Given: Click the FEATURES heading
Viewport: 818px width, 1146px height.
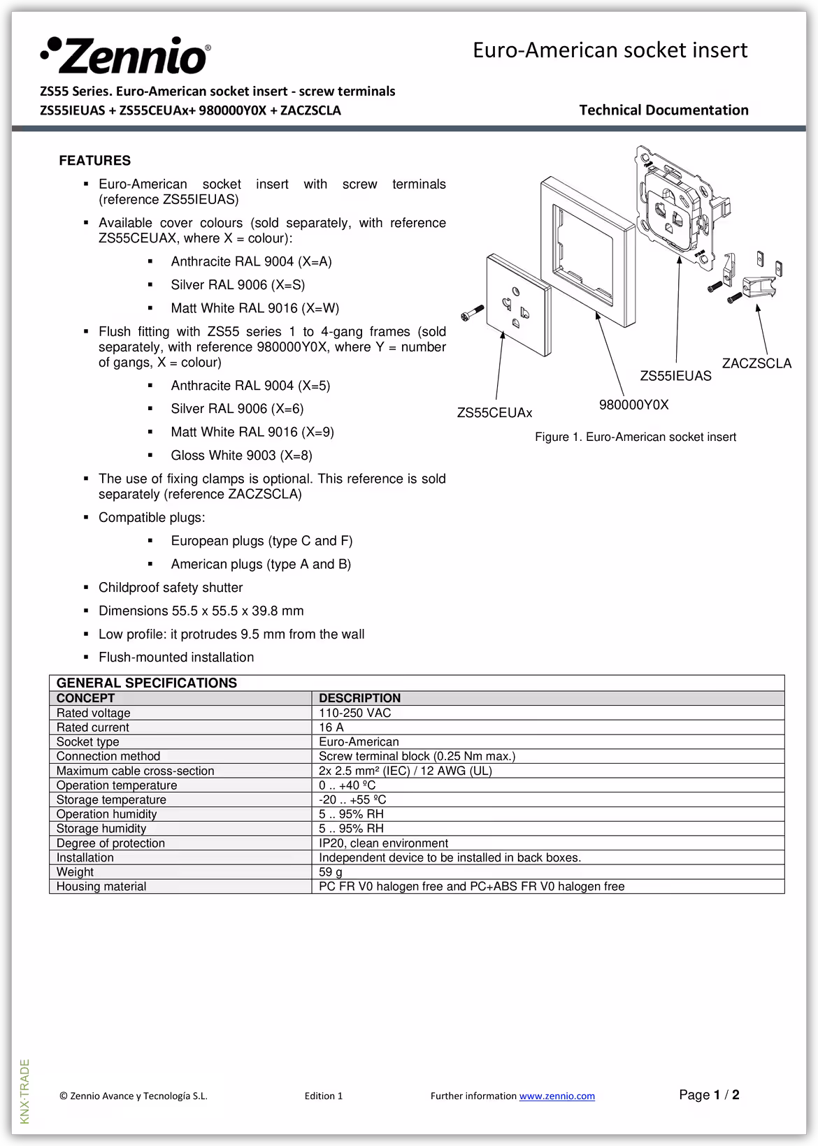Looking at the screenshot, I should point(94,161).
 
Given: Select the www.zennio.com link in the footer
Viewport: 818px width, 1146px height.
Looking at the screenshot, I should point(557,1096).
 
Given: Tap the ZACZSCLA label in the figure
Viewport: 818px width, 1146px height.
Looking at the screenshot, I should point(756,363).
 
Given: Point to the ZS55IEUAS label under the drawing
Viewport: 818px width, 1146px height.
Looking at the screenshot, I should point(675,377).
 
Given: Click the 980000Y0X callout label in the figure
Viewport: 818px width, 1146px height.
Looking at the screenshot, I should point(633,405).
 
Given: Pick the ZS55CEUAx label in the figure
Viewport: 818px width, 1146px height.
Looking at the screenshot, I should point(494,413).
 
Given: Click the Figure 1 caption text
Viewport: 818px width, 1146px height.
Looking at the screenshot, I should point(635,437).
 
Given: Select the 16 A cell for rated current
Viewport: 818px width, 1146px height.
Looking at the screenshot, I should point(331,727).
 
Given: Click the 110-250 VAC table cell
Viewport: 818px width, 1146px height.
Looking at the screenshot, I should point(354,713).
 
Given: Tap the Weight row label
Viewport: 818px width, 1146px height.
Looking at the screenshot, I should point(75,872).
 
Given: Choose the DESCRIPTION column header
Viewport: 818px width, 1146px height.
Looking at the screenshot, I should point(359,698).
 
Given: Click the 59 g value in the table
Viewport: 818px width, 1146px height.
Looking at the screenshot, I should point(331,872).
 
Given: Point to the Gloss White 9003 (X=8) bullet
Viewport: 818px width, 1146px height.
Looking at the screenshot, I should point(241,456).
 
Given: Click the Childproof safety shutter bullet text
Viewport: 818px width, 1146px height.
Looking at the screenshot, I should point(171,588).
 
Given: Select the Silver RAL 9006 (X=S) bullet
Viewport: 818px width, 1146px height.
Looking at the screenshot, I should point(238,285).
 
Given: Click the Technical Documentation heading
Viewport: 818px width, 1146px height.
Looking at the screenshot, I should point(663,110).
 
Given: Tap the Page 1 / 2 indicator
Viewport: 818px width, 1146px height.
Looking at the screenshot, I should point(709,1095).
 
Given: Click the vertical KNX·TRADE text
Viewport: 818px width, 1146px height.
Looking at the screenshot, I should point(25,1091).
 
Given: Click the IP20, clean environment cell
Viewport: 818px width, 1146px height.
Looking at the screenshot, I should point(383,843).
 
